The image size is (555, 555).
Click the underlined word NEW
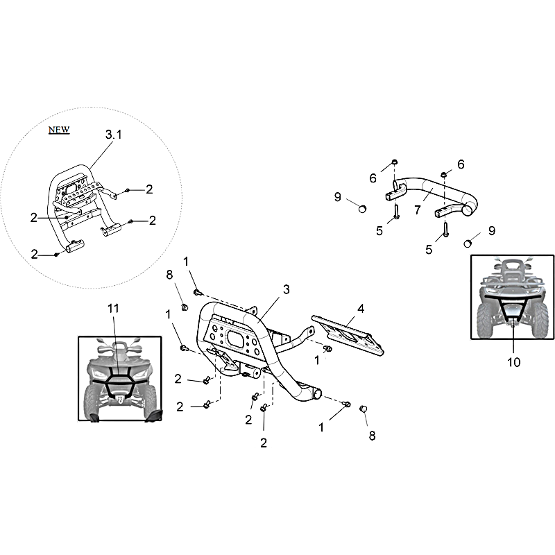point(59,130)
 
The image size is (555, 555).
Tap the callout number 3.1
point(113,135)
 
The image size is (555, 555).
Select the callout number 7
point(418,210)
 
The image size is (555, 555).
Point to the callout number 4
point(361,309)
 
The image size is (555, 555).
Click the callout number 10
point(513,362)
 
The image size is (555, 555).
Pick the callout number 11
point(113,309)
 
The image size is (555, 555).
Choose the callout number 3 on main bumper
point(287,289)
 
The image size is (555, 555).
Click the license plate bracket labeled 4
point(348,335)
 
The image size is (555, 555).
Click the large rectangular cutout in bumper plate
point(234,339)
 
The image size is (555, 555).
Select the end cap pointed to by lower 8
point(363,409)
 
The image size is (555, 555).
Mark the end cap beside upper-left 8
point(184,307)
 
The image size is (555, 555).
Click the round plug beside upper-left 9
point(362,209)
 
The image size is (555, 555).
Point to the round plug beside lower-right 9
point(468,244)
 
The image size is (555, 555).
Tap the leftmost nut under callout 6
point(394,162)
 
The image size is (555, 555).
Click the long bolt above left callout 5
point(396,212)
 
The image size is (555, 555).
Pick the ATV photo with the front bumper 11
point(120,379)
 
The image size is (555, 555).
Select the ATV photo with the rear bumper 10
point(512,298)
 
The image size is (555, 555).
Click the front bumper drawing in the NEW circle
point(84,209)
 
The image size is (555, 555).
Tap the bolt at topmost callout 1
point(197,292)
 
